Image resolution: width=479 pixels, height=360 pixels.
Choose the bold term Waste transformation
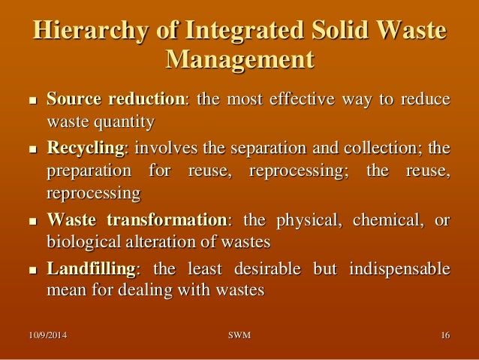pyautogui.click(x=137, y=221)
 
